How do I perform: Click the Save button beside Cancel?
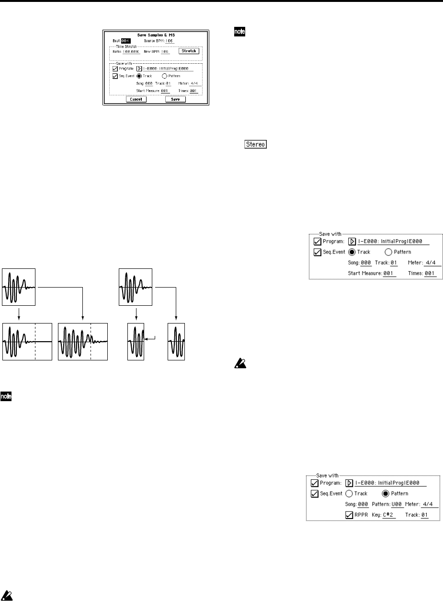175,99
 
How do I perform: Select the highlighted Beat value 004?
125,41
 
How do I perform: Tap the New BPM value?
165,51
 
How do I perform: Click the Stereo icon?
255,144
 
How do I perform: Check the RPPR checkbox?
349,515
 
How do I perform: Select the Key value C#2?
388,515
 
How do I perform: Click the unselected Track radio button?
349,494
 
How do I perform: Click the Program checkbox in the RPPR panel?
315,483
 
